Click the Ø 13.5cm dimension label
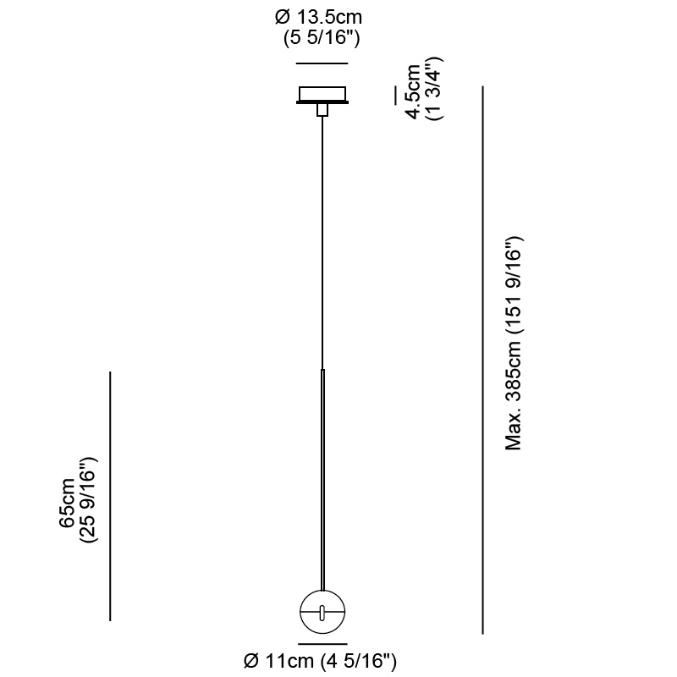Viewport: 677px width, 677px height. coord(318,18)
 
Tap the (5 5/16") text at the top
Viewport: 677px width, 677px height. coord(322,38)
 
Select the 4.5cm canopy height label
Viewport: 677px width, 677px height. coord(412,91)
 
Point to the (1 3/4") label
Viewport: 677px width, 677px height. coord(434,89)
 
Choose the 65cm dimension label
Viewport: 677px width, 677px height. coord(68,503)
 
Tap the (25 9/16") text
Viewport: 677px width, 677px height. coord(89,499)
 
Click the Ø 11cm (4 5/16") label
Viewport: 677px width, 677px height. coord(320,661)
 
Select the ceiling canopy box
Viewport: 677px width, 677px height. coord(322,93)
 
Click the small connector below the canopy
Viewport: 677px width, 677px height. coord(322,110)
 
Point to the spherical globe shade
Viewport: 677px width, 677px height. coord(322,612)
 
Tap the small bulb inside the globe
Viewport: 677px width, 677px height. coord(322,612)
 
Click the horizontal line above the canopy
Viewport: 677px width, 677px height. coord(322,63)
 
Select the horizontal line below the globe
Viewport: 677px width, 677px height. coord(322,644)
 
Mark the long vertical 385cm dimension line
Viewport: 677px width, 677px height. coord(482,361)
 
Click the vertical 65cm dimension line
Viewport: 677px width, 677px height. coord(110,496)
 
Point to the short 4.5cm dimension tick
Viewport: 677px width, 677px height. coord(394,95)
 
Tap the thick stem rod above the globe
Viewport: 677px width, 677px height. coord(322,480)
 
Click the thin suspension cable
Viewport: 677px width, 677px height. coord(322,243)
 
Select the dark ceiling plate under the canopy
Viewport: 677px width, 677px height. coord(322,102)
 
